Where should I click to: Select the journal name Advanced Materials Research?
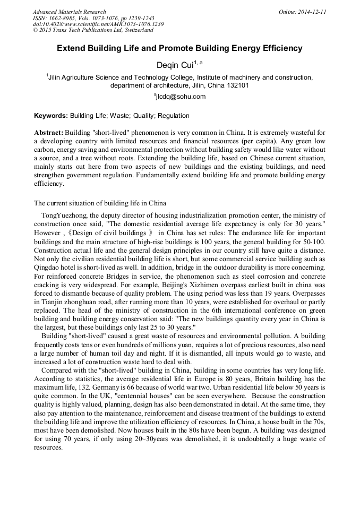[x=69, y=12]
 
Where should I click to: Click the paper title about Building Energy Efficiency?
[x=179, y=48]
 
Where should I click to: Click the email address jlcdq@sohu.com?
[x=181, y=97]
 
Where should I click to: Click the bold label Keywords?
[x=51, y=116]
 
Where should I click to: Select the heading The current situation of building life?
[x=100, y=203]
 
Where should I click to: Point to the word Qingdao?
[x=46, y=269]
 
